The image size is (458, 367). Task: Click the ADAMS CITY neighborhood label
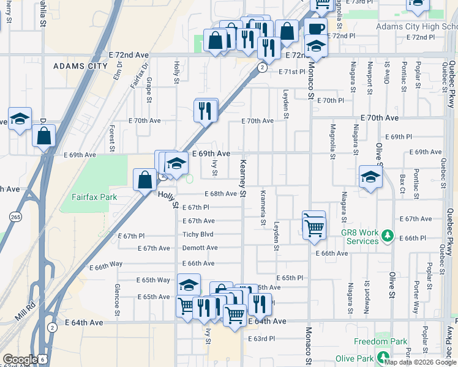coord(80,65)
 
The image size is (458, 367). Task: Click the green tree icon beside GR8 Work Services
coord(386,235)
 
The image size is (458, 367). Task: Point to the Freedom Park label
coord(380,341)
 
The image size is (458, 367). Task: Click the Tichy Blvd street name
coord(198,234)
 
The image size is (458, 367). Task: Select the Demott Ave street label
coord(200,248)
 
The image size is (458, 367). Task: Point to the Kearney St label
coord(242,178)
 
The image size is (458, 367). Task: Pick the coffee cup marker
coord(315,29)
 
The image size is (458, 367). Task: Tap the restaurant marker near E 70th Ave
coord(205,111)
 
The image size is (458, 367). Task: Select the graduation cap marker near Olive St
coord(370,177)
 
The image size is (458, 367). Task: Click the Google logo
coord(20,360)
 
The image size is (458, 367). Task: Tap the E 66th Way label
coord(106,267)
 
